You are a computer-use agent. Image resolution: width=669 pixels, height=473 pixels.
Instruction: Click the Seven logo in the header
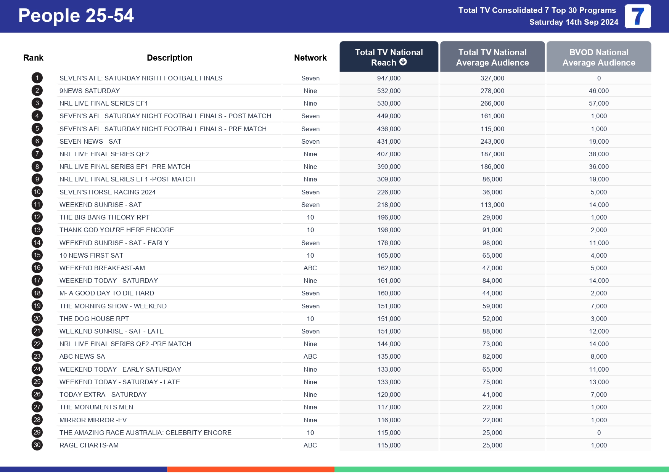pyautogui.click(x=637, y=16)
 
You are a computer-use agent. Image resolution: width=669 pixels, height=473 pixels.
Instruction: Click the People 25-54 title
pyautogui.click(x=76, y=16)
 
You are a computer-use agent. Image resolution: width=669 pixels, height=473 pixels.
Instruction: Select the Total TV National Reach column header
pyautogui.click(x=388, y=57)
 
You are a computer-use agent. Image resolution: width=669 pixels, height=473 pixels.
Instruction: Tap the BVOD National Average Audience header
pyautogui.click(x=598, y=57)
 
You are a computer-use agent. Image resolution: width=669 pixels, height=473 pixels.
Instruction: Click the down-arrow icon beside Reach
pyautogui.click(x=403, y=62)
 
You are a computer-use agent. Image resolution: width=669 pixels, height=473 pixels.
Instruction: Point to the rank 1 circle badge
pyautogui.click(x=37, y=78)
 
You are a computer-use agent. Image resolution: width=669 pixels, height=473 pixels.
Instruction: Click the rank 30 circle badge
pyautogui.click(x=37, y=445)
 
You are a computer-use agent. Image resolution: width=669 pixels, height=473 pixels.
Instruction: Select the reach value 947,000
pyautogui.click(x=389, y=78)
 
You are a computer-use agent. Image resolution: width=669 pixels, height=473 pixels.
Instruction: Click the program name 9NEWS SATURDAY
pyautogui.click(x=90, y=91)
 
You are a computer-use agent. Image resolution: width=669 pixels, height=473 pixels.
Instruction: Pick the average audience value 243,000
pyautogui.click(x=492, y=141)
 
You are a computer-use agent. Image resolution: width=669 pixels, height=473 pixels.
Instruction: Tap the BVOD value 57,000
pyautogui.click(x=598, y=103)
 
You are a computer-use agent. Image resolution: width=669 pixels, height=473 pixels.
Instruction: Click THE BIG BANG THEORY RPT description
pyautogui.click(x=105, y=217)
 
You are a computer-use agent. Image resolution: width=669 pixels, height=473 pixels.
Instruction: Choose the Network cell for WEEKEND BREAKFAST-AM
pyautogui.click(x=310, y=268)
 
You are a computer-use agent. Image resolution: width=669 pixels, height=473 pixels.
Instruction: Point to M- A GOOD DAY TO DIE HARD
pyautogui.click(x=107, y=293)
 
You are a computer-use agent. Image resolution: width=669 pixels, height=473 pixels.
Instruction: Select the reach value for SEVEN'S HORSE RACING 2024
pyautogui.click(x=389, y=192)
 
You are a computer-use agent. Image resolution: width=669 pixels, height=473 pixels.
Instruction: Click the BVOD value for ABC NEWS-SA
pyautogui.click(x=598, y=356)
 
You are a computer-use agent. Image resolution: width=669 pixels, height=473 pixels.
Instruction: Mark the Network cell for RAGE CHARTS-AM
pyautogui.click(x=310, y=445)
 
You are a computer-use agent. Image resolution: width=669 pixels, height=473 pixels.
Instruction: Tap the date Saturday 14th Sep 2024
pyautogui.click(x=574, y=22)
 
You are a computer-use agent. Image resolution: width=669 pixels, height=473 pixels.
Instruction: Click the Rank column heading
pyautogui.click(x=33, y=58)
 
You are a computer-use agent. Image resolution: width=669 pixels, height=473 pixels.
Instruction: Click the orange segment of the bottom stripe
pyautogui.click(x=251, y=469)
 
